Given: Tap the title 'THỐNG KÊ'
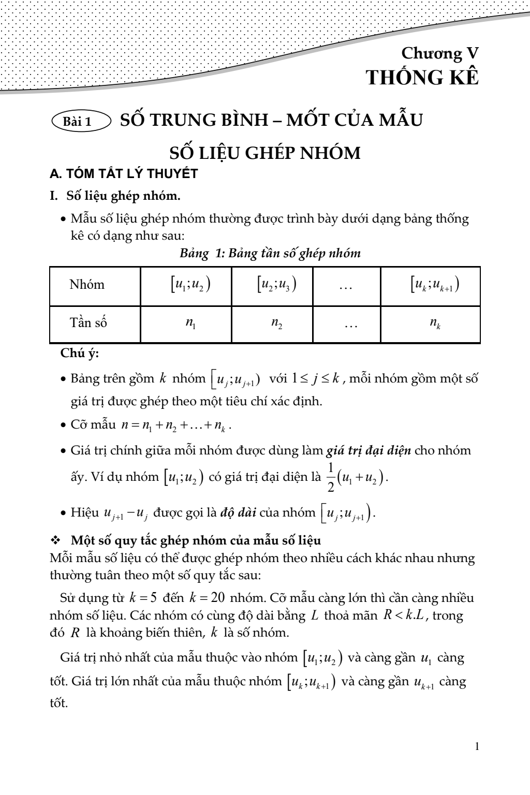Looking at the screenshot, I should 422,78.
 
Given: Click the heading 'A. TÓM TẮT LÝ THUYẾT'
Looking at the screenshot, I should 124,174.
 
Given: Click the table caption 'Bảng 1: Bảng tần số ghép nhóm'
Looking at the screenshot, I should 270,254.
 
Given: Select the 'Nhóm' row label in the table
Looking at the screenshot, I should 87,285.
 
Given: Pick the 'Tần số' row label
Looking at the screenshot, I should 89,323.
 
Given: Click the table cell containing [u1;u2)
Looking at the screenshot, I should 186,285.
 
